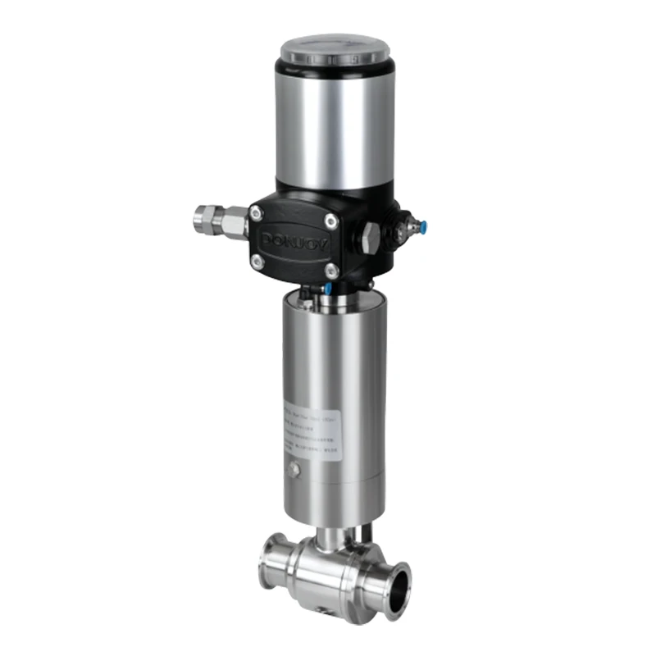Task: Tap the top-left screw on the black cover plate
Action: pos(257,213)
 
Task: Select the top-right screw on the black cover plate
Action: pos(330,220)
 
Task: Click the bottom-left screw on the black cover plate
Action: pos(257,261)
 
